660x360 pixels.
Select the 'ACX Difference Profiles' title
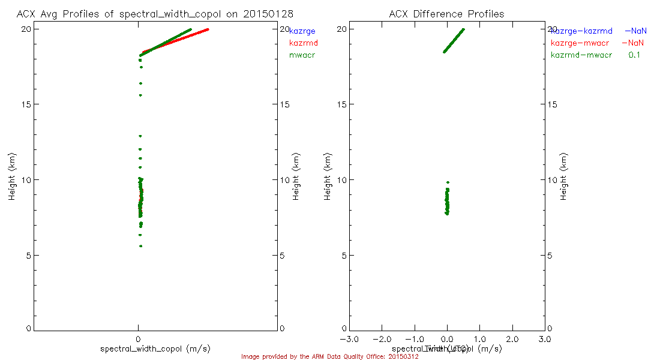[x=446, y=14]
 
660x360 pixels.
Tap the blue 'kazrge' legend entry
[x=302, y=31]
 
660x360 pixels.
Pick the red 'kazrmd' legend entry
[x=303, y=43]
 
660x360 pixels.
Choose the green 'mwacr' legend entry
[x=302, y=55]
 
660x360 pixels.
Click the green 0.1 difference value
[x=635, y=55]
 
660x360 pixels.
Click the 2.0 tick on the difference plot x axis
[x=512, y=340]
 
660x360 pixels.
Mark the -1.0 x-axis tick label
[x=413, y=340]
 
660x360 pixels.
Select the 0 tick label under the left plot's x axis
[x=139, y=340]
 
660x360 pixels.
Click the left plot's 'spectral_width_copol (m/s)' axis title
[x=155, y=349]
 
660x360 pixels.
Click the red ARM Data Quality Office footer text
[x=330, y=356]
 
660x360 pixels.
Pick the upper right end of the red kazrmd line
[x=208, y=29]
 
